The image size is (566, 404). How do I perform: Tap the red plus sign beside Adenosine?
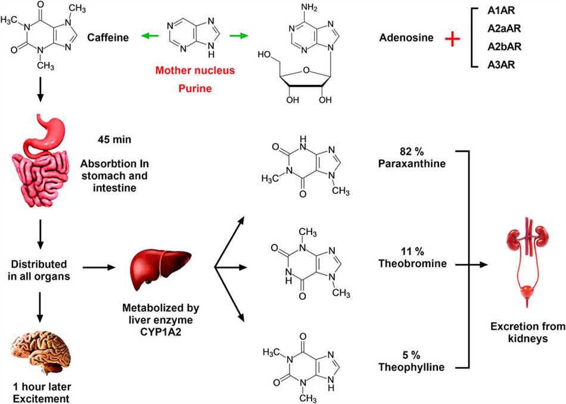point(453,39)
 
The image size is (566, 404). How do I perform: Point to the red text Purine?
point(195,88)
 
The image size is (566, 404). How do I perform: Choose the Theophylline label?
point(411,367)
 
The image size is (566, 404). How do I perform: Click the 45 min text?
point(114,140)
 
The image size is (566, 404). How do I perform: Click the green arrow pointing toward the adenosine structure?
point(239,37)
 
